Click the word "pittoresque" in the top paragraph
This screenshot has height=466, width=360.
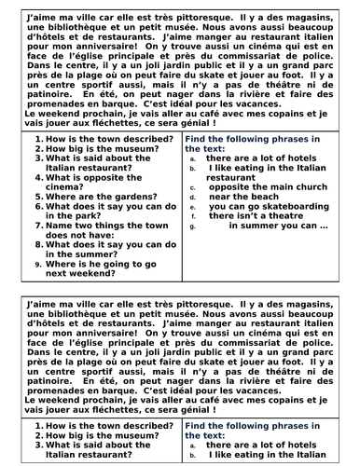(226, 17)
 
